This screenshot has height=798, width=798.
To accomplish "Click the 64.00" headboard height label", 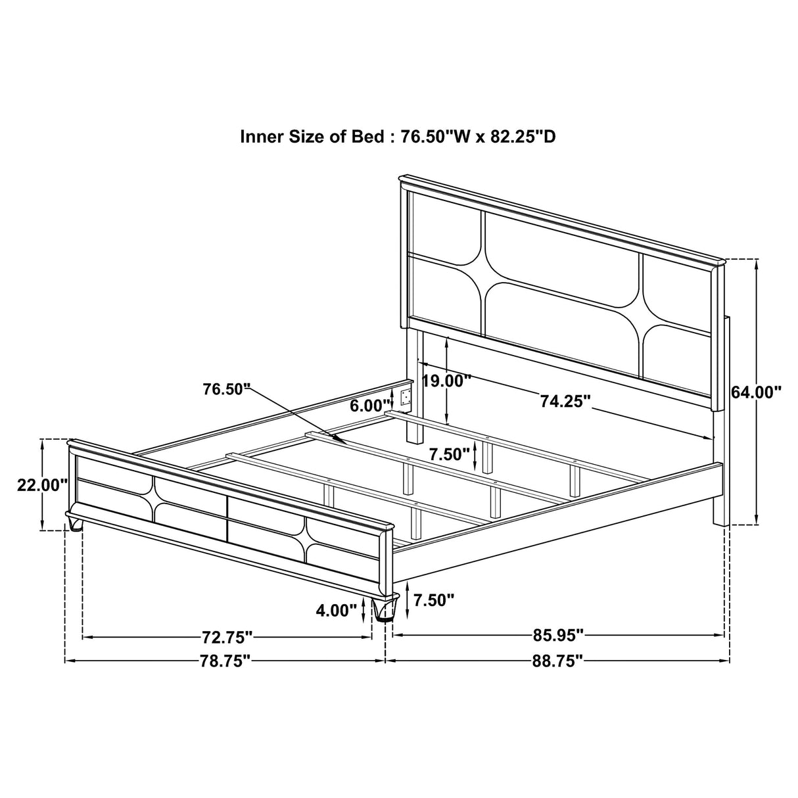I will pos(757,392).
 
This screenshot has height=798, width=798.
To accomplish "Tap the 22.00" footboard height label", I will pos(42,485).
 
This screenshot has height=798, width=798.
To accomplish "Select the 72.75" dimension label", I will pos(227,637).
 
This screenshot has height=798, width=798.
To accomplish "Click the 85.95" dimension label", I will pos(558,635).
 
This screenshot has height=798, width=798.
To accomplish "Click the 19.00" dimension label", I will pos(447,381).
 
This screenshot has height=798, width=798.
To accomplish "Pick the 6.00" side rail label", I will pos(370,406).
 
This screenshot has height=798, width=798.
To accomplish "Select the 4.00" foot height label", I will pos(336,611).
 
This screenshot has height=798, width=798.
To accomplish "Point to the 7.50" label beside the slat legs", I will pos(450,454).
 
